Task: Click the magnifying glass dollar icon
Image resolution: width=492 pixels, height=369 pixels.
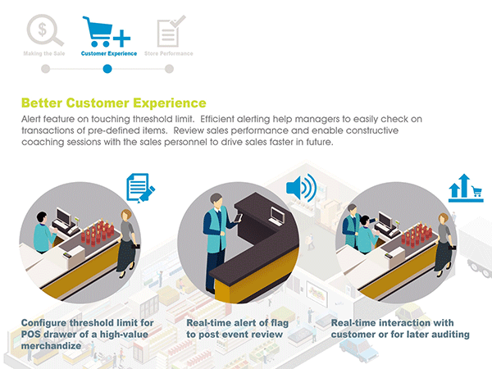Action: coord(45,30)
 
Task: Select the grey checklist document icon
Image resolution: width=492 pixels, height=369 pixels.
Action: coord(171,31)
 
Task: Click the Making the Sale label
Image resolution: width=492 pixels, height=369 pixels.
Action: coord(44,53)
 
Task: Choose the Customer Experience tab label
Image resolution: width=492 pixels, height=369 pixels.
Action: coord(109,53)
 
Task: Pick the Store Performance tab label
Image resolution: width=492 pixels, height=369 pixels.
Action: coord(168,53)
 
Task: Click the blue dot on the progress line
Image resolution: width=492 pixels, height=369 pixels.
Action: coord(107,69)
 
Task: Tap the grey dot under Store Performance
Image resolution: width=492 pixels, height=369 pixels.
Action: coord(169,69)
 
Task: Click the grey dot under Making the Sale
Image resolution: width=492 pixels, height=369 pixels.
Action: coord(45,69)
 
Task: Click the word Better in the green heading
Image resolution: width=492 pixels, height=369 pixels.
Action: coord(42,103)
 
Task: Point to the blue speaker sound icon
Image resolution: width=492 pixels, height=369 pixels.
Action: coord(301,187)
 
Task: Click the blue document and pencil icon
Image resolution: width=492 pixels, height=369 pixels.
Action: coord(140,188)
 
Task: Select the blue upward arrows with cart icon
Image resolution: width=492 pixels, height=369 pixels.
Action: coord(466,188)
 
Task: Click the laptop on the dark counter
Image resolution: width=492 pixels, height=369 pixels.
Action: coord(277,216)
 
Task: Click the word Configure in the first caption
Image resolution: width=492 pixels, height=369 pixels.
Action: coord(43,323)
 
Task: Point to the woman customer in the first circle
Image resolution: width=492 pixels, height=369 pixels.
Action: coord(128,244)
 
